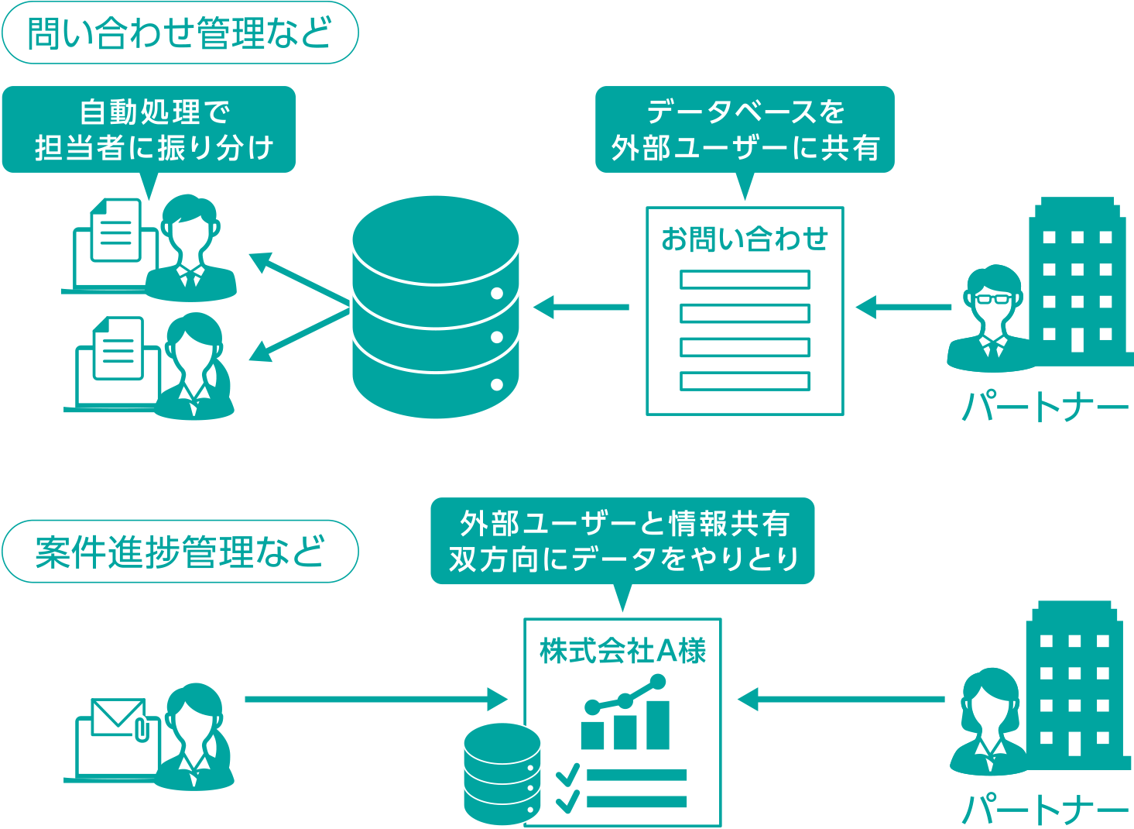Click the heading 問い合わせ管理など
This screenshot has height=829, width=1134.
pos(180,33)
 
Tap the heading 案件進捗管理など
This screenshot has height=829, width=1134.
pos(180,551)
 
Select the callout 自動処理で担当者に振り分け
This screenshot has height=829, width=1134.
pos(149,129)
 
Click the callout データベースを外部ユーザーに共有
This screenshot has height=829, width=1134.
pos(745,129)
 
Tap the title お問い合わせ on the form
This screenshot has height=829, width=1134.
pos(745,239)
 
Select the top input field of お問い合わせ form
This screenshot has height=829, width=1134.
pos(745,280)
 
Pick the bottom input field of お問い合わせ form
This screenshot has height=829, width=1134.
pos(745,381)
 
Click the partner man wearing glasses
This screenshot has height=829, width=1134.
pos(990,318)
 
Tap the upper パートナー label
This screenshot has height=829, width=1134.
pos(1045,406)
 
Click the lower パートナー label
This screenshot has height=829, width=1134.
pos(1045,810)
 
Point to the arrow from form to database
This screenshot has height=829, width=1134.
pos(581,307)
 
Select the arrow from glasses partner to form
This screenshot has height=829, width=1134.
pos(903,307)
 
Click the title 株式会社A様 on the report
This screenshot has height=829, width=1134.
pos(622,651)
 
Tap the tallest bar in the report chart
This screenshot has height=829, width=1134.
pos(657,724)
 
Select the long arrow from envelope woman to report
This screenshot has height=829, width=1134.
pos(375,700)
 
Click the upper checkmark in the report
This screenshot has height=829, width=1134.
pos(568,773)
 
